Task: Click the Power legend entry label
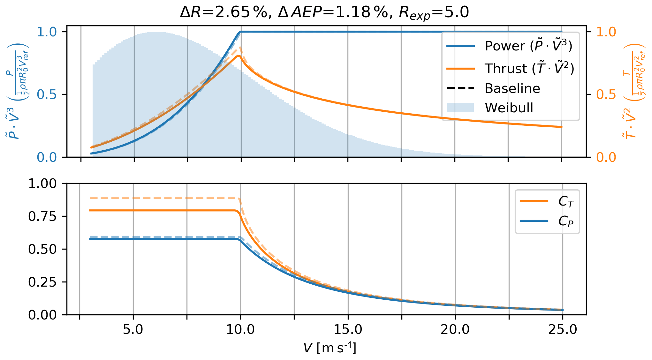pos(528,46)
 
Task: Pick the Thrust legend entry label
pos(529,68)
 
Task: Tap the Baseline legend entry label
pos(512,88)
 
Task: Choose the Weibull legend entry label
pos(509,108)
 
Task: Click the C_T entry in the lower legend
pos(566,201)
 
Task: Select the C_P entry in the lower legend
pos(566,221)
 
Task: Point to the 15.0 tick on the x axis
pos(348,329)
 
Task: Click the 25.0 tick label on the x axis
pos(563,329)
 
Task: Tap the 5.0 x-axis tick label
pos(133,329)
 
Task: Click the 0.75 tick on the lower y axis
pos(42,216)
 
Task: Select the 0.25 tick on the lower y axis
pos(42,282)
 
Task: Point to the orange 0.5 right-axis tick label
pos(606,94)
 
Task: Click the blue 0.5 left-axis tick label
pos(47,94)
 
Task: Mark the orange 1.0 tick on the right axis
pos(606,32)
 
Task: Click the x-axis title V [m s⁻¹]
pos(330,348)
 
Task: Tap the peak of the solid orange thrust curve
pos(238,56)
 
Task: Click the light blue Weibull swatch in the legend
pos(460,108)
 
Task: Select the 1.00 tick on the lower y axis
pos(42,184)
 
